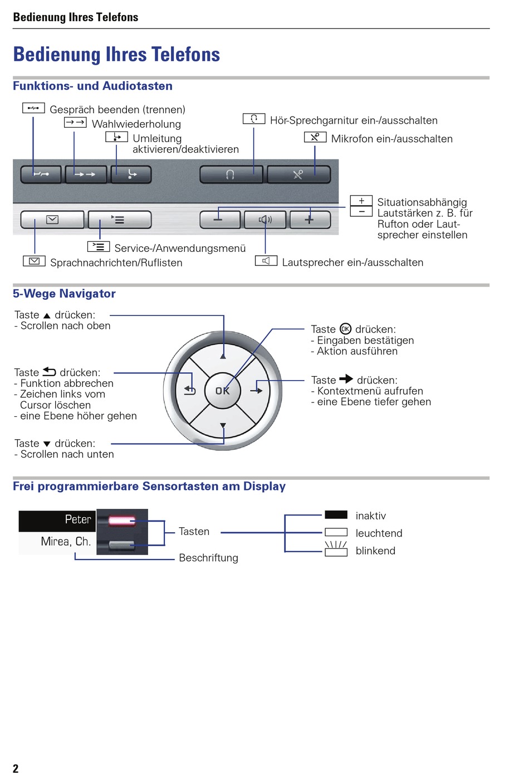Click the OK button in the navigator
pos(223,391)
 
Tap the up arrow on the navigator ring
pos(223,354)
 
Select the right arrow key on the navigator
pos(257,391)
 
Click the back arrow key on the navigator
pos(190,391)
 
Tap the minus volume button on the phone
pos(219,220)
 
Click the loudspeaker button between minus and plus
pos(265,220)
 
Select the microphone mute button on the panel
pos(298,174)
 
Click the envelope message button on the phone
pos(52,220)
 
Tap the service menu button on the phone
pos(119,220)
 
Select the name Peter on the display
pos(78,519)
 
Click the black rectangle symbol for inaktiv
pos(336,515)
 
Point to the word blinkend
pos(375,551)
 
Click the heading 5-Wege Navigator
pos(64,294)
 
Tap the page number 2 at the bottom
pos(16,769)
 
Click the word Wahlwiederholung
pos(136,124)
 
